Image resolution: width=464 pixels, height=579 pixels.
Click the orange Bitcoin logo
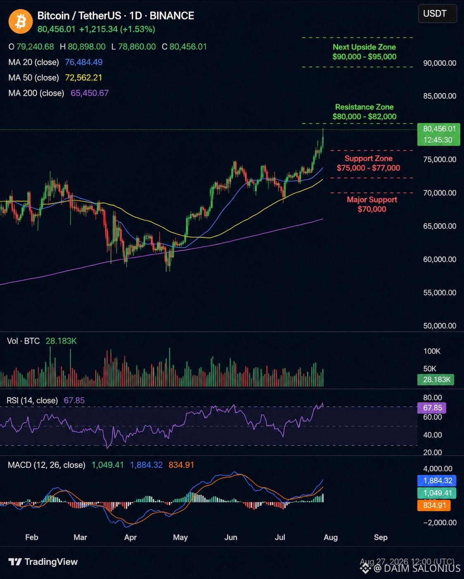[21, 21]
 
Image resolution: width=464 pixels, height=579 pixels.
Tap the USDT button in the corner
[437, 14]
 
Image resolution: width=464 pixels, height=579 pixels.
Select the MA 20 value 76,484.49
[84, 62]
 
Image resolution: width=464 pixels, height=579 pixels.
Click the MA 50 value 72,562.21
[84, 78]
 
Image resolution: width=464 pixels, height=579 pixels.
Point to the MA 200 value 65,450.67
[89, 93]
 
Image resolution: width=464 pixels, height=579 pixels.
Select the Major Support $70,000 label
[372, 204]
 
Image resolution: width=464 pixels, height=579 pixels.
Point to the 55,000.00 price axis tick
[440, 292]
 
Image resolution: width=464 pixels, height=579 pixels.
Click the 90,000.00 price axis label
[440, 63]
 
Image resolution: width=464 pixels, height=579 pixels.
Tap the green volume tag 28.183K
[436, 380]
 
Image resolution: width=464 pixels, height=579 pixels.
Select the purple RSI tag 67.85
[432, 408]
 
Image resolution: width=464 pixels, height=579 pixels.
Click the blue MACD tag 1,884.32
[437, 481]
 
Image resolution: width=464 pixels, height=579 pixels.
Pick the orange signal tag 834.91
[434, 505]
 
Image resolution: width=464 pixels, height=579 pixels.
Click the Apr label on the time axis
[130, 537]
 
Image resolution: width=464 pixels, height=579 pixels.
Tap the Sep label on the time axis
[380, 537]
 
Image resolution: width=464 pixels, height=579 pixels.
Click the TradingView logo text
[51, 562]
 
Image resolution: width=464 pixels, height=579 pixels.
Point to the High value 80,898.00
[86, 47]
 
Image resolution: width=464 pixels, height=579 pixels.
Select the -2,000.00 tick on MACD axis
[440, 522]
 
